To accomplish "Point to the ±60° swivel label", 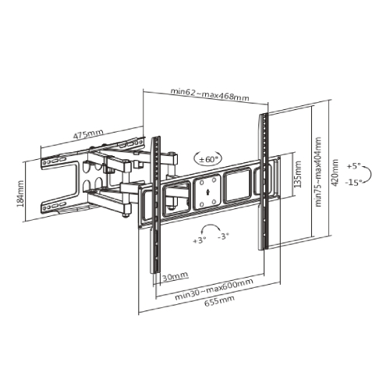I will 208,158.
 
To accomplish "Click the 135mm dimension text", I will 297,172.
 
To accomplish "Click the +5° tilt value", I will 356,166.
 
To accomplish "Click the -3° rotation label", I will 224,236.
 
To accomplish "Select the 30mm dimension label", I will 175,275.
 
